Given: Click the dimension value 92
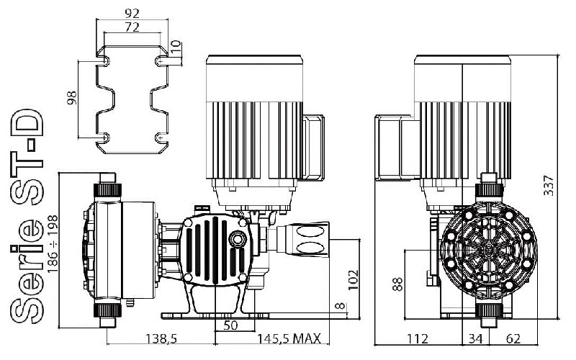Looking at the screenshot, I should (x=132, y=12).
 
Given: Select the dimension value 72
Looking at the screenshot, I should (x=132, y=27).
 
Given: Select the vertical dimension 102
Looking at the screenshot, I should (x=351, y=278).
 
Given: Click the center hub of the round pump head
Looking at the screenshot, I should (x=489, y=249).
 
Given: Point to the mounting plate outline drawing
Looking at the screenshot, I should (x=132, y=100).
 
